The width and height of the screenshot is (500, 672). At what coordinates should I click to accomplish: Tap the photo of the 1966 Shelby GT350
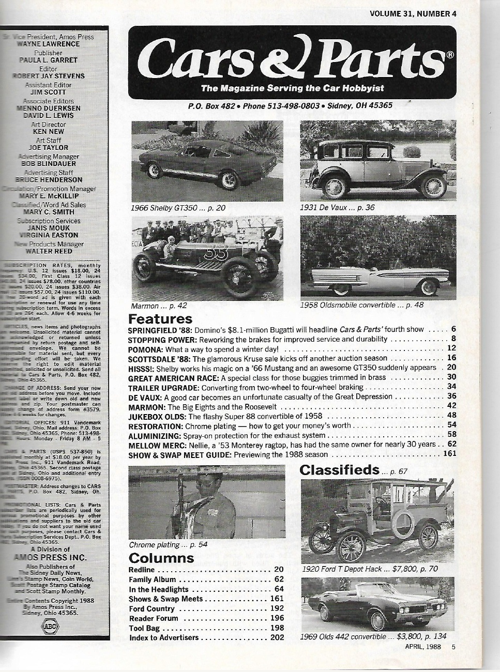pyautogui.click(x=207, y=161)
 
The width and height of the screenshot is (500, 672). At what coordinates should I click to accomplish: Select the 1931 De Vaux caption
pyautogui.click(x=337, y=208)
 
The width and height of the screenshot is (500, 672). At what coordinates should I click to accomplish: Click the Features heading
pyautogui.click(x=160, y=318)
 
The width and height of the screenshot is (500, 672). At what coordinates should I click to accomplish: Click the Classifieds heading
pyautogui.click(x=339, y=470)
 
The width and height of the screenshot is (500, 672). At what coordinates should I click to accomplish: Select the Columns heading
pyautogui.click(x=161, y=558)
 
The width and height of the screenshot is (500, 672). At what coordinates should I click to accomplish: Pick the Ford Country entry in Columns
pyautogui.click(x=151, y=608)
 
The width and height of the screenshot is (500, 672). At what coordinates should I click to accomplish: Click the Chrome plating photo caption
pyautogui.click(x=168, y=545)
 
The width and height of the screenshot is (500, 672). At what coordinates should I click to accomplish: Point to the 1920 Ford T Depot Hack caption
pyautogui.click(x=369, y=569)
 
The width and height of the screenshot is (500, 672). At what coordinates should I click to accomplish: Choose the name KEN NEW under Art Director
pyautogui.click(x=48, y=131)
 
